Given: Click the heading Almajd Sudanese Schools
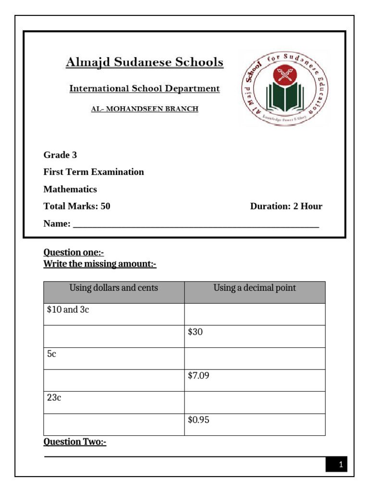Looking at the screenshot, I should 144,62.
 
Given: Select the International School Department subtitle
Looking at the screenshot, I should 145,89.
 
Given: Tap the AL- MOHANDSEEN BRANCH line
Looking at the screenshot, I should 145,109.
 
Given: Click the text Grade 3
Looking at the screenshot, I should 60,155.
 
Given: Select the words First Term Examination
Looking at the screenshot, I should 94,172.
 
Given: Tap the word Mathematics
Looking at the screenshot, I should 70,189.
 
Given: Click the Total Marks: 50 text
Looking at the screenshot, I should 77,207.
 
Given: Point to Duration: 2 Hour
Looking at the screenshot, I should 286,207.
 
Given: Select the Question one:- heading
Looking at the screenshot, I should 74,252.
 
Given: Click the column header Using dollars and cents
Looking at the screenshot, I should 114,288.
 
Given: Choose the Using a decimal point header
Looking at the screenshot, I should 255,288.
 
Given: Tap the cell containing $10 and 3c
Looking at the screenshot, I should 114,314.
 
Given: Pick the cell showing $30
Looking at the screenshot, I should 255,336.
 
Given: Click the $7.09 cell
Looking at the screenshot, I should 255,381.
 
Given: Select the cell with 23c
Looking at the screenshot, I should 114,403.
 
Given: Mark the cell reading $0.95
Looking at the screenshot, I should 255,425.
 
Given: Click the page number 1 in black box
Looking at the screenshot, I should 340,465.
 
